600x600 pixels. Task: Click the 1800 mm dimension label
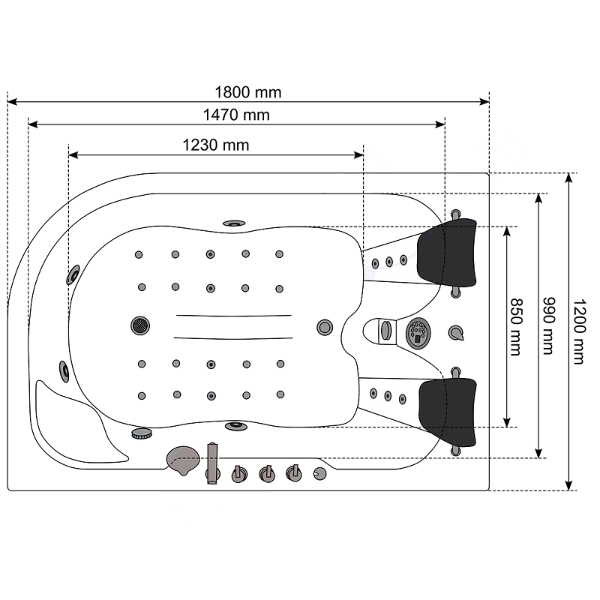point(248,92)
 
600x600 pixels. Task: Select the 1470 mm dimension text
point(236,115)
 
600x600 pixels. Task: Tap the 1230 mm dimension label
point(216,145)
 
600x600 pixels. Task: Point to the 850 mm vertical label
point(516,327)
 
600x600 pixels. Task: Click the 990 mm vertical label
point(549,325)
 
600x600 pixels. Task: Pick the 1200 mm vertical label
point(579,331)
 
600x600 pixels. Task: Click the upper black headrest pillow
point(446,253)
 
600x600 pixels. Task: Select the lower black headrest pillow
point(447,412)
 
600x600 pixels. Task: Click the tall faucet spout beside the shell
point(212,463)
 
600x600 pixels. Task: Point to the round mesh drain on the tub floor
point(140,325)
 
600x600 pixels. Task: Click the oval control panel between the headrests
point(418,333)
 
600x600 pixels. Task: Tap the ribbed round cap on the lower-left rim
point(142,433)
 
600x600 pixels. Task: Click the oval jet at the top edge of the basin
point(234,223)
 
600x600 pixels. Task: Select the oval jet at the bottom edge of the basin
point(235,425)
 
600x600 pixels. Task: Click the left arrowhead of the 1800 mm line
point(12,102)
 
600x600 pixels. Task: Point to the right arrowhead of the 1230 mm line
point(358,155)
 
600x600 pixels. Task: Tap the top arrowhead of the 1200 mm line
point(569,178)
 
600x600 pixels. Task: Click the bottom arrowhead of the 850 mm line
point(507,422)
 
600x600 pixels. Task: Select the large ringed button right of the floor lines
point(325,327)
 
